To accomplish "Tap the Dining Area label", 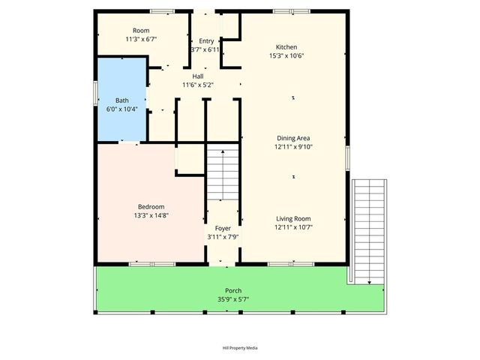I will coord(293,137).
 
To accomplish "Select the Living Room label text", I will coord(293,218).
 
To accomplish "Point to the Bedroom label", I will coord(151,207).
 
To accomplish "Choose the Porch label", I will coord(233,290).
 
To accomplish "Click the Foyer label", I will coord(223,228).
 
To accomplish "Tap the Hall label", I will coord(198,76).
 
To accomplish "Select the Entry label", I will coord(205,40).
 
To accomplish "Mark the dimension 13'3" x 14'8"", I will coord(151,216).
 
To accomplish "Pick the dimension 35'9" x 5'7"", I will coord(233,299).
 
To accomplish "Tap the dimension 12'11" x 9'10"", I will coord(293,146).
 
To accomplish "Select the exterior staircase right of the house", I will coord(369,229).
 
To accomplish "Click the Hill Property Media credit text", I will coord(240,348).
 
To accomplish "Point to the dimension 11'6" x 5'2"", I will coord(198,85).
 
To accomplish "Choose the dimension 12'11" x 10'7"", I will coord(293,227).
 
